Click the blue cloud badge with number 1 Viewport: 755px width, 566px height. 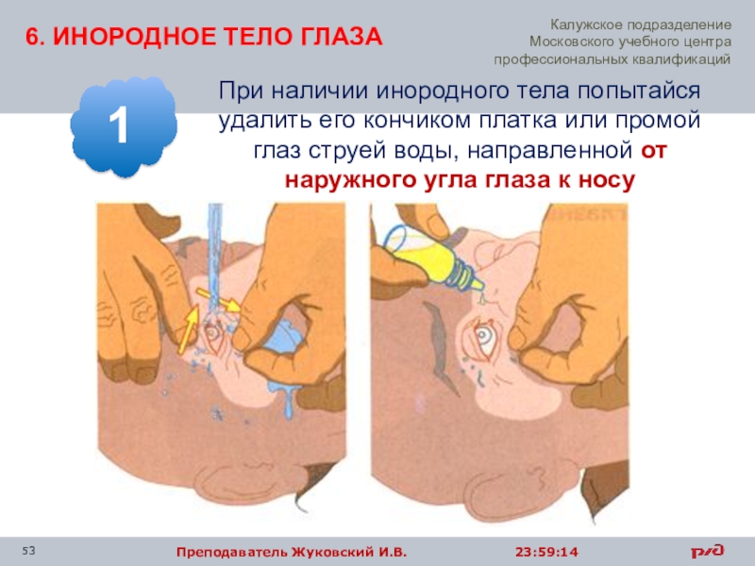[124, 126]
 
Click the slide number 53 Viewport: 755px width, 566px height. [29, 551]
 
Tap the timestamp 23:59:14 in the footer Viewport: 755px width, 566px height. [546, 552]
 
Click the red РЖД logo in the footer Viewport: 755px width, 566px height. [707, 551]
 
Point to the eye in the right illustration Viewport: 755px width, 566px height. [482, 338]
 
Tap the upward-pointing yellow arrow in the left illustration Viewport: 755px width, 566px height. [188, 328]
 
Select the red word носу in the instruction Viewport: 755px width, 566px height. [606, 180]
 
